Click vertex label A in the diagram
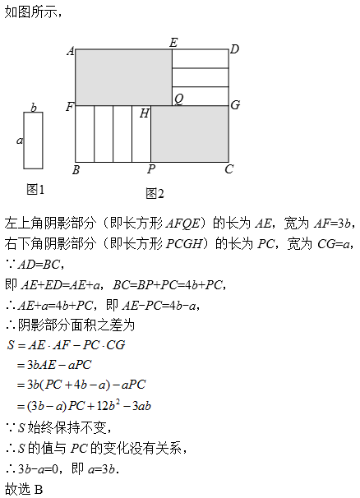tap(71, 51)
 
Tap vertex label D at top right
tap(234, 49)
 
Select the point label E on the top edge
tap(173, 43)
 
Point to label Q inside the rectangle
tap(179, 99)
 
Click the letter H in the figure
tap(145, 113)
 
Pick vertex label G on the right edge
tap(235, 105)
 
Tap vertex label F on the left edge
tap(70, 107)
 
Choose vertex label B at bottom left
tap(76, 170)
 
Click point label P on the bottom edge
tap(151, 169)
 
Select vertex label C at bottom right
tap(228, 169)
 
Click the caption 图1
tap(35, 190)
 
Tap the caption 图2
tap(155, 193)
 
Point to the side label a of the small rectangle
tap(20, 140)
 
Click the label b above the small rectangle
tap(34, 108)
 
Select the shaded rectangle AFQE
tap(123, 77)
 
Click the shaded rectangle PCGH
tap(190, 134)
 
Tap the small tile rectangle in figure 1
tap(33, 141)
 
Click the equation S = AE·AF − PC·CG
tap(66, 345)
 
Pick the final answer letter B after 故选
tap(38, 490)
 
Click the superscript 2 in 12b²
tap(118, 402)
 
